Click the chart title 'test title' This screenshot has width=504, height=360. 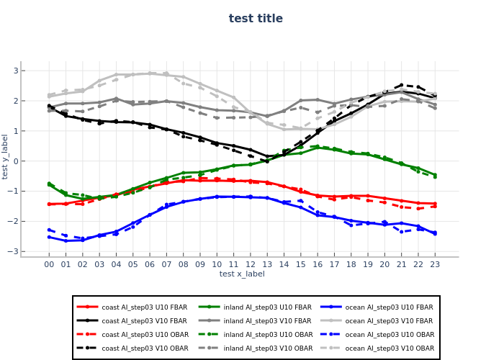coord(256,19)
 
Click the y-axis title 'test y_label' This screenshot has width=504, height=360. coord(6,156)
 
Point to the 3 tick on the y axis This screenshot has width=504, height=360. coord(15,71)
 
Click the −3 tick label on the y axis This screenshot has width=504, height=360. coord(14,251)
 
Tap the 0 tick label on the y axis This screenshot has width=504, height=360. coord(15,161)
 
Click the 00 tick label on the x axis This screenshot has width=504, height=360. coord(49,264)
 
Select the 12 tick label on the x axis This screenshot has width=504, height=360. coord(251,264)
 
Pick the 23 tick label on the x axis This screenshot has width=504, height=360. coord(435,264)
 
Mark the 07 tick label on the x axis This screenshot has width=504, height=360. coord(166,264)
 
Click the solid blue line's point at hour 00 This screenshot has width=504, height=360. coord(49,237)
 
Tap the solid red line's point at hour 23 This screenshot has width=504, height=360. coord(435,204)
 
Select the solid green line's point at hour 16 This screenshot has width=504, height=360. coord(318,147)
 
